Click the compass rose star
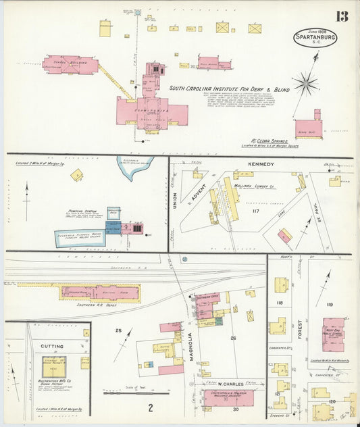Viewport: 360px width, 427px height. point(306,84)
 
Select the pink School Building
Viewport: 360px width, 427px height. point(70,66)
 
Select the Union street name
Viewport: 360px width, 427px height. point(174,201)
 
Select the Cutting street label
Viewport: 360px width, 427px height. point(52,346)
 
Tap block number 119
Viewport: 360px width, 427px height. point(329,305)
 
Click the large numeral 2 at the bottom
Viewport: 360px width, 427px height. point(151,407)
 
